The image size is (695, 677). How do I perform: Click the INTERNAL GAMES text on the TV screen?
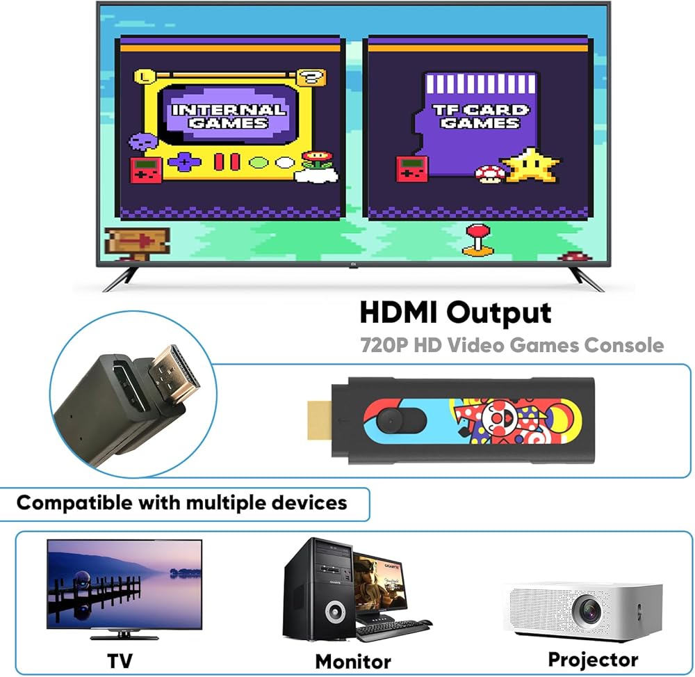click(229, 116)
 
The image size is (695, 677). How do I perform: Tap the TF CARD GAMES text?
click(480, 116)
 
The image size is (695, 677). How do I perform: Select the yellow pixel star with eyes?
click(530, 166)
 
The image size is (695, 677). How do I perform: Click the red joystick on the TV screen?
click(477, 240)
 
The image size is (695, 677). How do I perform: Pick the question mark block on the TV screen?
click(312, 78)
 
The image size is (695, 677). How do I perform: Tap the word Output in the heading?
click(498, 314)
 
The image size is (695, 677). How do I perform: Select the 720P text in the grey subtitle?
click(383, 345)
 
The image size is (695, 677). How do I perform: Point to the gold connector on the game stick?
click(320, 420)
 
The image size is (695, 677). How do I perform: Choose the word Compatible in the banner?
click(74, 503)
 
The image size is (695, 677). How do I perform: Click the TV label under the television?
click(120, 660)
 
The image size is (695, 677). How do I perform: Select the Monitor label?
click(353, 662)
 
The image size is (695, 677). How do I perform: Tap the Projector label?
click(593, 660)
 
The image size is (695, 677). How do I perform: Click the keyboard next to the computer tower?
click(392, 630)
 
